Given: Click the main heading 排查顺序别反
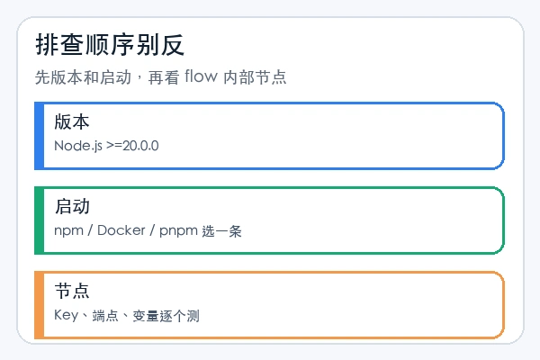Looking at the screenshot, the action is click(110, 45).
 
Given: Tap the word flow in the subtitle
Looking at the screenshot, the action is click(201, 76).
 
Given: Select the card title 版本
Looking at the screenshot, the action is click(72, 122).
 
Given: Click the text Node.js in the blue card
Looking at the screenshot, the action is click(78, 146).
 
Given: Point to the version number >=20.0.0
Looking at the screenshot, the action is click(132, 146).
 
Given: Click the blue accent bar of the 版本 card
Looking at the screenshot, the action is click(40, 136).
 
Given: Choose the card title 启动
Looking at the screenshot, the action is click(72, 206).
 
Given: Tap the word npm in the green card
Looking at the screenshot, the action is click(69, 230).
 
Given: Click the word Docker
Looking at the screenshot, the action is click(121, 230).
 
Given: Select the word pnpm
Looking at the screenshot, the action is click(178, 230).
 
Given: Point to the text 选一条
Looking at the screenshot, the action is click(221, 231).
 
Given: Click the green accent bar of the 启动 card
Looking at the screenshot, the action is click(40, 220).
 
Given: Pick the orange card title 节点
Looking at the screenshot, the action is click(72, 291).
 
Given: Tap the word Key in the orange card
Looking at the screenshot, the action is click(67, 315).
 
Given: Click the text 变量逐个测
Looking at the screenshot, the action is click(166, 316).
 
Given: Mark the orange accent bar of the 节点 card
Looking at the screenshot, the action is click(40, 305).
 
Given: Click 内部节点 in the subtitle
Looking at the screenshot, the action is click(255, 77).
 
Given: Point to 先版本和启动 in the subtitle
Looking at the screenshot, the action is click(83, 77).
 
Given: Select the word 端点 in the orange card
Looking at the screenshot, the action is click(105, 316).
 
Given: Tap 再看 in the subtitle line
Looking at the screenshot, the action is click(164, 77).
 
